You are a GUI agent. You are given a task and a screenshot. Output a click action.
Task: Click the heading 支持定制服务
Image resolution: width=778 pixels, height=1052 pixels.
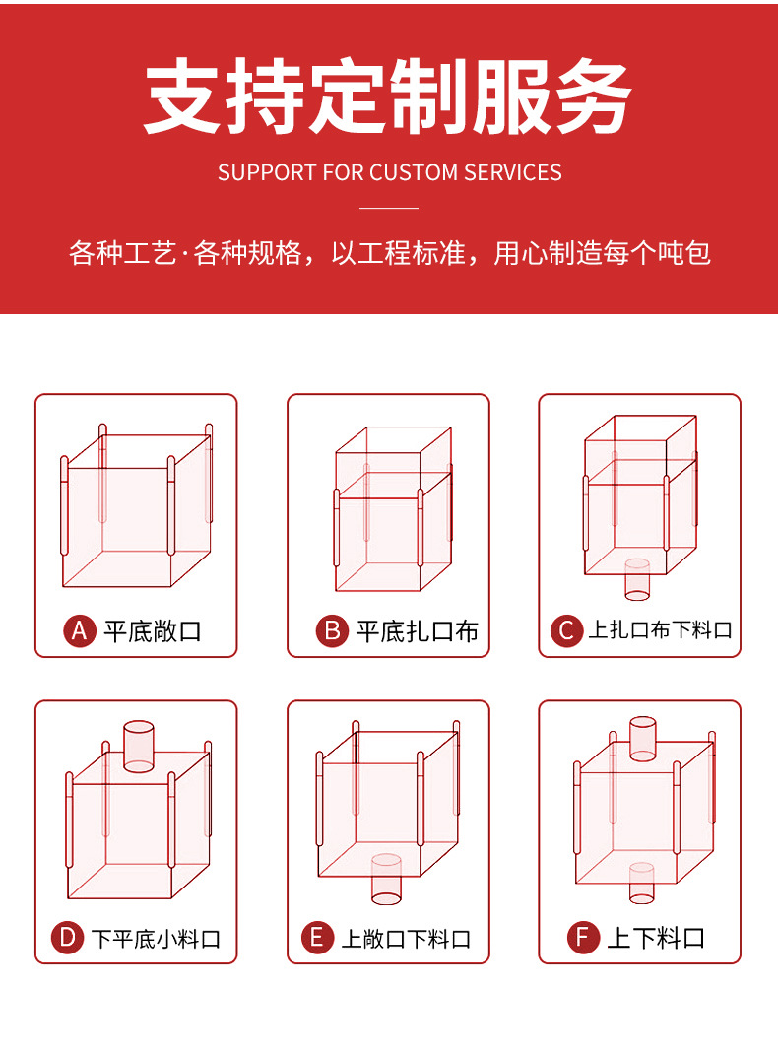coord(388,97)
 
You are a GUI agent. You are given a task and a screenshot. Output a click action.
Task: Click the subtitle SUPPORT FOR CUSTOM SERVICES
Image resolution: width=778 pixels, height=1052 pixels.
coord(389,172)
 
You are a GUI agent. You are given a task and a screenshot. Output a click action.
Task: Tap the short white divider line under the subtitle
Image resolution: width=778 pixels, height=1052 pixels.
coord(389,208)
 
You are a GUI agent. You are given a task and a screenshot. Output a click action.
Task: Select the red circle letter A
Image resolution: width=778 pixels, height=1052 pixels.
coord(80,630)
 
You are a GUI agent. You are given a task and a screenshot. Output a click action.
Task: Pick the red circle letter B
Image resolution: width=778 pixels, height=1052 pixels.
coord(332,630)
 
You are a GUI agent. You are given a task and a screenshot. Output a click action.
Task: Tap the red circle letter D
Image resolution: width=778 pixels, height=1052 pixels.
coord(67,937)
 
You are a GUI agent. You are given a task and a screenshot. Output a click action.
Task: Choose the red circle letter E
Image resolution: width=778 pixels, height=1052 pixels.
coord(317,937)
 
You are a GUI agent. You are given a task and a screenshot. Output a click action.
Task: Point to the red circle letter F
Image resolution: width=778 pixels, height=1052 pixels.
coord(583,937)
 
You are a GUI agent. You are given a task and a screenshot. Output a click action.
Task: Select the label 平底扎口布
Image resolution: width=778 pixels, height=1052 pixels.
coord(417,630)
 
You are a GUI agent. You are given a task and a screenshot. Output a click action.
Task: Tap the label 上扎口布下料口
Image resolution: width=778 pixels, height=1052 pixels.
coord(660,630)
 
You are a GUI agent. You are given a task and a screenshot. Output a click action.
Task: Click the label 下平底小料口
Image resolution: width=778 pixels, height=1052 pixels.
coord(157,938)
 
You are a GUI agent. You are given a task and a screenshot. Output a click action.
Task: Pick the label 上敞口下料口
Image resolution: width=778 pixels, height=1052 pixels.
coord(406,938)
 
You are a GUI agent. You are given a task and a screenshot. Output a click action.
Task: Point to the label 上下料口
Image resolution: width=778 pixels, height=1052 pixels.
coord(656,938)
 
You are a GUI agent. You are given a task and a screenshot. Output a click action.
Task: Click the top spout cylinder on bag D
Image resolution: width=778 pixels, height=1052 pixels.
coord(139,746)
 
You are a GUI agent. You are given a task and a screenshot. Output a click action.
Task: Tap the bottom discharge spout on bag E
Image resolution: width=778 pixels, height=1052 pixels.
coord(386,880)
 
